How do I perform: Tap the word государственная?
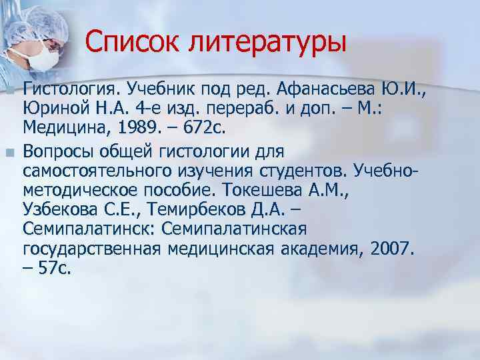tap(91, 251)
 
